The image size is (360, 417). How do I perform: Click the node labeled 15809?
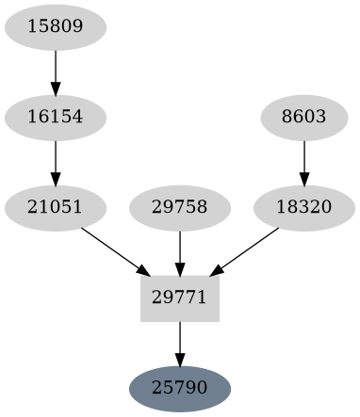56,26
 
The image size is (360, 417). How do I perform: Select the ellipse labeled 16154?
56,117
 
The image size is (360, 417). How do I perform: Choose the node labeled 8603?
303,117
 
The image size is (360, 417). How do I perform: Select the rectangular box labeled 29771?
180,297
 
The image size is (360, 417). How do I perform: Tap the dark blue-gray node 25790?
180,388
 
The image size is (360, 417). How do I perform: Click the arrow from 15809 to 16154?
56,72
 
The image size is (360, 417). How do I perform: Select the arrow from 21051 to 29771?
113,249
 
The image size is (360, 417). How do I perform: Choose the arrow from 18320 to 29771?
247,249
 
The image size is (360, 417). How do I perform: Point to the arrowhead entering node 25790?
180,359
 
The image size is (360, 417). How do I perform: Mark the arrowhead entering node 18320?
303,178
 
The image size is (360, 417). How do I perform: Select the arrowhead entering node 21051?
56,178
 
